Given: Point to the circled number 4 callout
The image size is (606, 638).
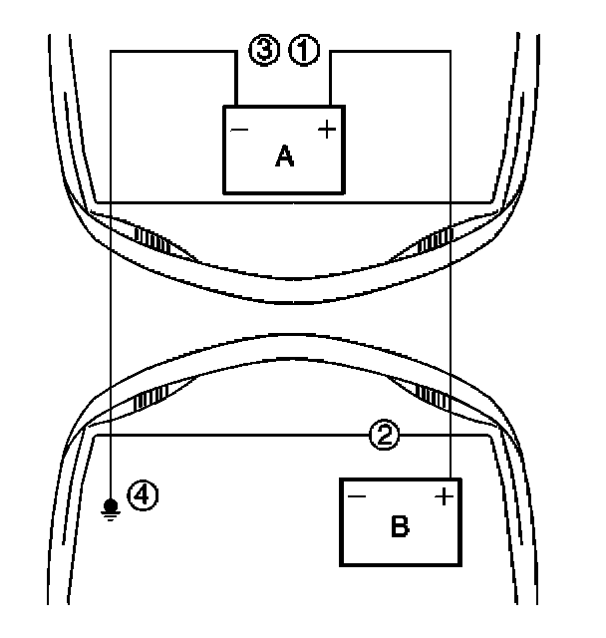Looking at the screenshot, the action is (x=144, y=493).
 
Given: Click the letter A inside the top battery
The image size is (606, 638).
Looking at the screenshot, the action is (x=284, y=156).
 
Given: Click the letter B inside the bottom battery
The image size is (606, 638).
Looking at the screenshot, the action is (x=399, y=526).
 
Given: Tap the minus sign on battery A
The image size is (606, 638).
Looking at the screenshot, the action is (x=239, y=130).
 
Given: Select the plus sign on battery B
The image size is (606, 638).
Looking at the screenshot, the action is (x=445, y=495).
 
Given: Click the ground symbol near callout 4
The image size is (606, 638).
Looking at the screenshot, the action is (x=110, y=511).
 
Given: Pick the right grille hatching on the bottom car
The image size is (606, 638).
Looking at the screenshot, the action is (x=435, y=397).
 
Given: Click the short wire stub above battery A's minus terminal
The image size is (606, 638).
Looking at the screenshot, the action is (x=236, y=80).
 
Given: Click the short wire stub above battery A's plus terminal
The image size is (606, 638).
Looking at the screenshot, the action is (x=329, y=80).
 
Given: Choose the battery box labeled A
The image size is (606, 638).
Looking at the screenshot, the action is (x=283, y=149).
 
